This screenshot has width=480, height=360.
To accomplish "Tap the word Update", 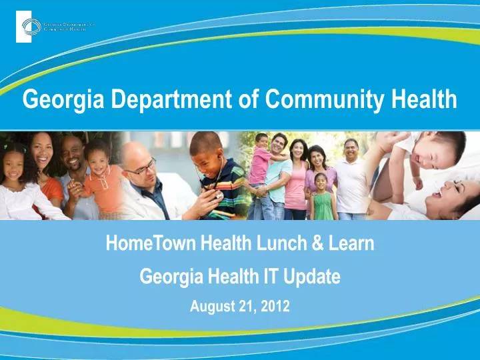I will [x=311, y=276].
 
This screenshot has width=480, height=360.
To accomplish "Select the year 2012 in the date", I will [x=276, y=307].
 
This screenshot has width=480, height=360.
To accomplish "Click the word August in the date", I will [x=211, y=307].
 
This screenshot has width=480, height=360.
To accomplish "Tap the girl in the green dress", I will [x=322, y=196].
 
